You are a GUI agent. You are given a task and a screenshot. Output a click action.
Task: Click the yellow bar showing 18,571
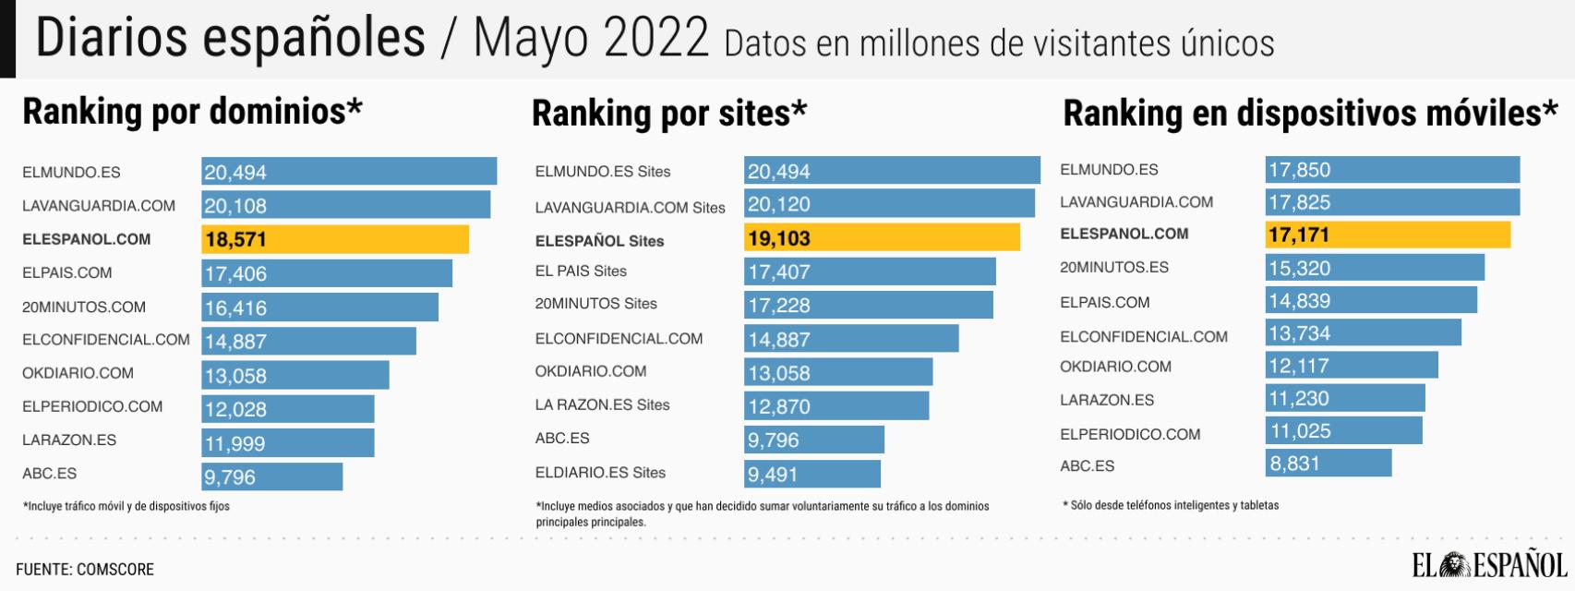(x=335, y=239)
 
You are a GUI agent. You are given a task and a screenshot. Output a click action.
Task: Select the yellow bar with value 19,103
(x=882, y=237)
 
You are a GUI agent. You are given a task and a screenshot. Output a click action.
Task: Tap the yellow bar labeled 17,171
(x=1388, y=235)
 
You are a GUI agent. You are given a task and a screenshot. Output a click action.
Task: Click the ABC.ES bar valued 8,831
(x=1328, y=464)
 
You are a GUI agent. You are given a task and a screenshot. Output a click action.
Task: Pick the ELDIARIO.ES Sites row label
(x=600, y=473)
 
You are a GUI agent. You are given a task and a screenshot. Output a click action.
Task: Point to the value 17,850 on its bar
(x=1299, y=170)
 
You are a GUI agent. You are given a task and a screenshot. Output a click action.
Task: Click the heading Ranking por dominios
(x=192, y=112)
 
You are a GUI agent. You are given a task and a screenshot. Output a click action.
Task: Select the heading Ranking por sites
(x=669, y=114)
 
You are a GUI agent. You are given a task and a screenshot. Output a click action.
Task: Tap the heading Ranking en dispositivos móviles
(x=1309, y=114)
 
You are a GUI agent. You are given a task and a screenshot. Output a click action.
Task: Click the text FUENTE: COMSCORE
(x=85, y=569)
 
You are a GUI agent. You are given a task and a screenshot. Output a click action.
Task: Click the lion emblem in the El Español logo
(x=1455, y=564)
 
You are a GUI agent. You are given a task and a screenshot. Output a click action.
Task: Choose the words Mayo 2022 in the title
(x=591, y=39)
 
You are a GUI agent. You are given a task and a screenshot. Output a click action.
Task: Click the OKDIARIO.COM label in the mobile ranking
(x=1115, y=367)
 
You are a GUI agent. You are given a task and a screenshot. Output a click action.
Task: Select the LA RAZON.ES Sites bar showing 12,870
(x=836, y=406)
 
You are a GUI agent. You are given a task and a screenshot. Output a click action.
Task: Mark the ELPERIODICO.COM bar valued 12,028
(x=288, y=409)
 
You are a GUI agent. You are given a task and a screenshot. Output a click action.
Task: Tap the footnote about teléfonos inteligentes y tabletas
(x=1171, y=505)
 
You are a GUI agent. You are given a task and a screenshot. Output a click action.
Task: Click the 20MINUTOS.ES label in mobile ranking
(x=1113, y=268)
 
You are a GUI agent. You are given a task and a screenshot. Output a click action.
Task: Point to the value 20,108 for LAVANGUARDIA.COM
(x=235, y=206)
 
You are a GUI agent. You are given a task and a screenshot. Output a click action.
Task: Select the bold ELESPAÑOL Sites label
(x=599, y=241)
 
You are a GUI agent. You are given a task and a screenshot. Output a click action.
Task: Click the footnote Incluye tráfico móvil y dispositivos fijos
(x=126, y=506)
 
